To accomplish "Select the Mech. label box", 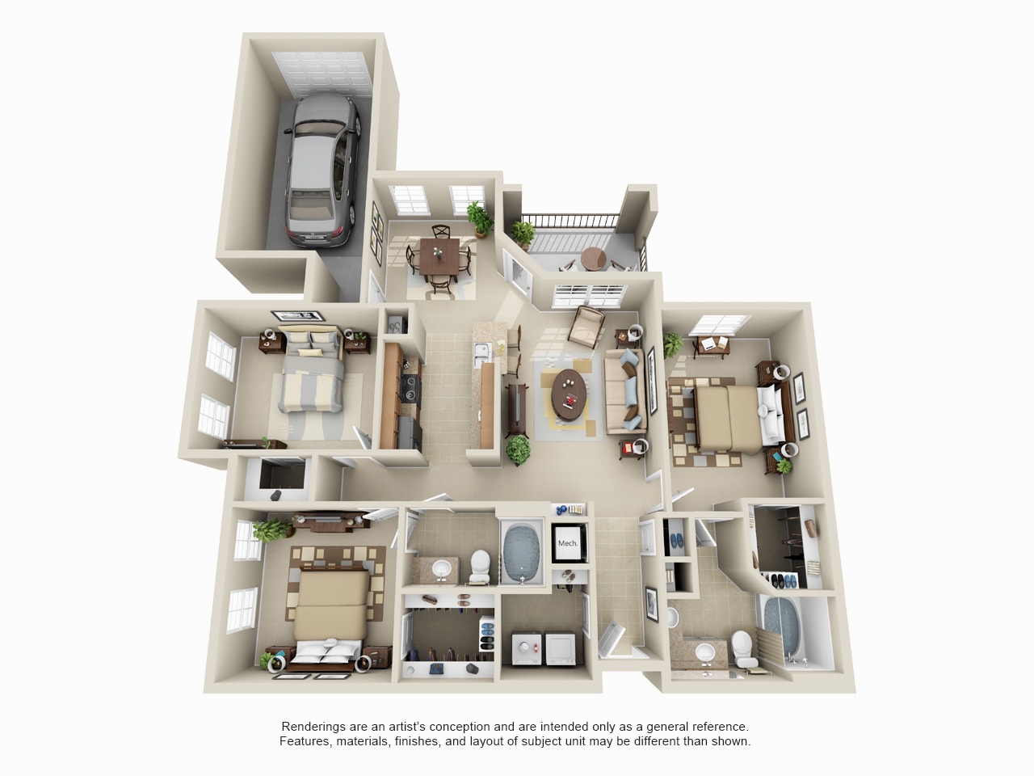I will pos(568,542).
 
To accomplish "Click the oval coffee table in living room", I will pos(571,395).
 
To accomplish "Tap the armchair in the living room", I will pos(587,326).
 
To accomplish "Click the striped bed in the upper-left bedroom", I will pos(313,380).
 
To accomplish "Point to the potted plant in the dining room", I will pos(481,217).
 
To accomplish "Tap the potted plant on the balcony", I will pos(523,234).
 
